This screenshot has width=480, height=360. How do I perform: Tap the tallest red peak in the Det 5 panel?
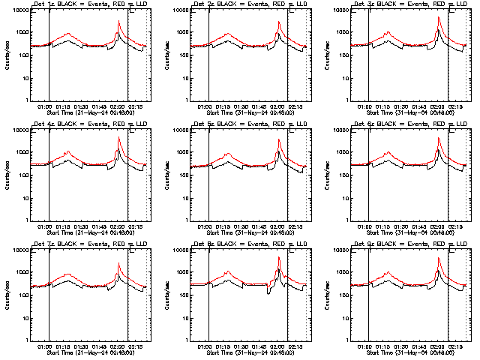point(279,140)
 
